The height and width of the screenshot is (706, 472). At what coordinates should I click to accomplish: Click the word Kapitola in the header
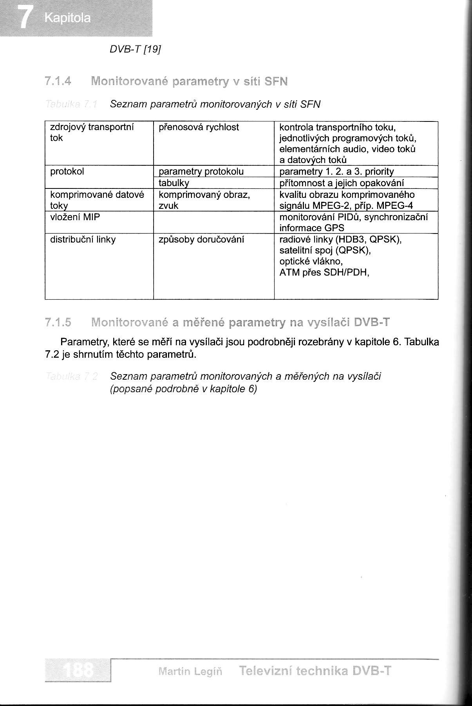click(x=68, y=18)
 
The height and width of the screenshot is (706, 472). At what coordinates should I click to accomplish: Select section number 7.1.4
click(x=58, y=81)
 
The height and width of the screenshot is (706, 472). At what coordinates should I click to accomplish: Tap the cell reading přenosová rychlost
click(x=199, y=127)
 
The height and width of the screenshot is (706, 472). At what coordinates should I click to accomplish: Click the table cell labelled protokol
click(x=67, y=172)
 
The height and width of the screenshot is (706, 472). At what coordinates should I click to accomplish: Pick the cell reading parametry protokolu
click(x=201, y=172)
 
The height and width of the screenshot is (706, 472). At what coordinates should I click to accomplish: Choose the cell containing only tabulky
click(x=174, y=183)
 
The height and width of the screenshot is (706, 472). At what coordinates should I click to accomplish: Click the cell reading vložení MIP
click(x=75, y=217)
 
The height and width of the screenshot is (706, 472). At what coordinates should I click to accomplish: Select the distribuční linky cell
click(x=83, y=239)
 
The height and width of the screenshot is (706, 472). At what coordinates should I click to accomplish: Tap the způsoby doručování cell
click(x=201, y=239)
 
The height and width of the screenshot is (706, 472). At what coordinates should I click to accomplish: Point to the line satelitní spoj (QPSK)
click(x=325, y=250)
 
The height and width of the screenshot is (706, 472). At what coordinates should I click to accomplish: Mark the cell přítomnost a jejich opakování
click(x=342, y=183)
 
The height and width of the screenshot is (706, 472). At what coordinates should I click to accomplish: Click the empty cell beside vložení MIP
click(x=213, y=222)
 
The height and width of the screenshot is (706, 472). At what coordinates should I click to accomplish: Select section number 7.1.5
click(x=58, y=322)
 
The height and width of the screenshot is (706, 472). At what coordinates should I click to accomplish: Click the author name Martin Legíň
click(x=190, y=672)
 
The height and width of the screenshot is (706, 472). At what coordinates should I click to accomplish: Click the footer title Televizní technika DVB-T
click(x=315, y=671)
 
